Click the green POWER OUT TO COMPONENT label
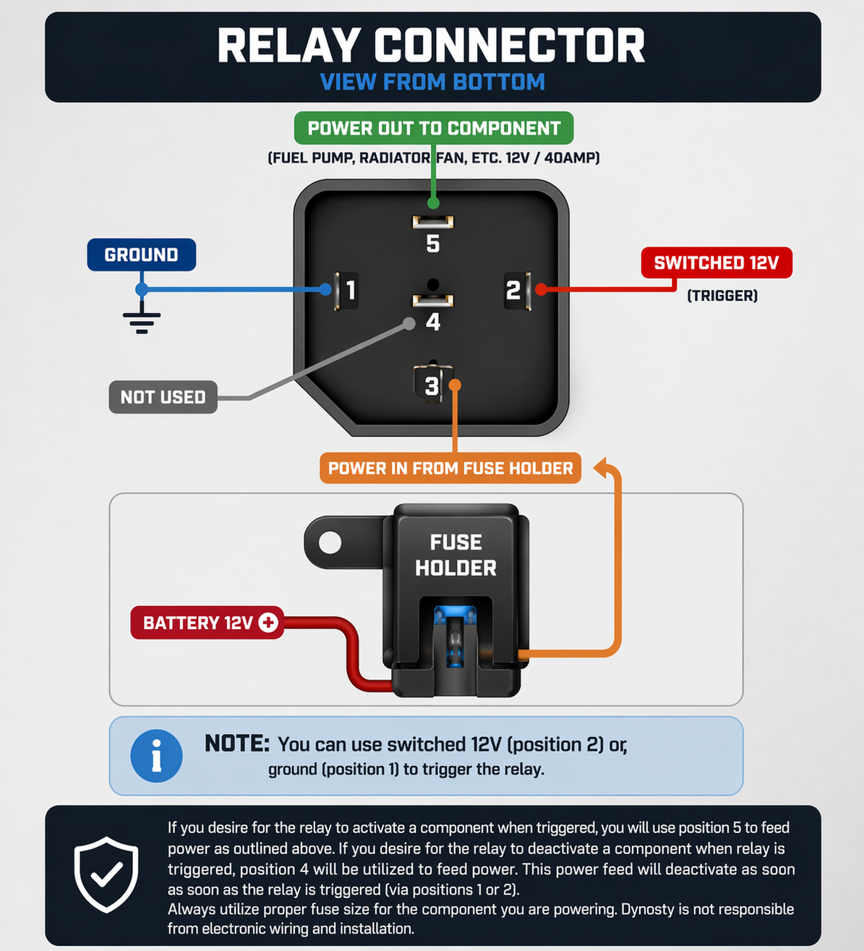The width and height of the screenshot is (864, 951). [434, 129]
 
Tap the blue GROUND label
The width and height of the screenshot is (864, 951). [142, 255]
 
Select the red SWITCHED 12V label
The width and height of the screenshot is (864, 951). [716, 263]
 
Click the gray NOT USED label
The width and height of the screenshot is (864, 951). [163, 397]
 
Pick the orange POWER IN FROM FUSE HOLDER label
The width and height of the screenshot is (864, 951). [450, 469]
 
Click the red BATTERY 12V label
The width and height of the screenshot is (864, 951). [207, 623]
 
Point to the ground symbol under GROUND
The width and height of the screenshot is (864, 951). [142, 319]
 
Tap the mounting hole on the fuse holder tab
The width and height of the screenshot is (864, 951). [330, 542]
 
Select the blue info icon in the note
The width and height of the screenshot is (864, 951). [156, 756]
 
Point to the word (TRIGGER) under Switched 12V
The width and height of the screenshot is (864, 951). [722, 295]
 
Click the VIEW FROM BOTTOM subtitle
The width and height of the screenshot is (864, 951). [432, 82]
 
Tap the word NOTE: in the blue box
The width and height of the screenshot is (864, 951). [237, 743]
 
